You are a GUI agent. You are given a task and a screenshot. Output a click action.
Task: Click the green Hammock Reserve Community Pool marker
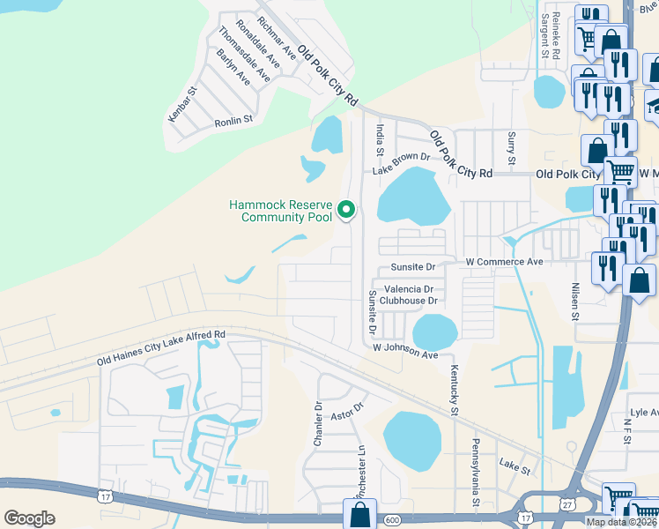tap(346, 210)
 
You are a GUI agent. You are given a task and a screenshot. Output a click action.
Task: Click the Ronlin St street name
tap(233, 119)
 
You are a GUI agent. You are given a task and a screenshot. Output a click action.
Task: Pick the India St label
tap(381, 139)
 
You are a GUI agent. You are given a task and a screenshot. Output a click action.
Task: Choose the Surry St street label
tap(511, 148)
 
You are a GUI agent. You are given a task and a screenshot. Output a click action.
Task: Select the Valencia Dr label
tap(408, 289)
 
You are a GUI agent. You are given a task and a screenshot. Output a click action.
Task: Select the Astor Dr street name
tap(346, 415)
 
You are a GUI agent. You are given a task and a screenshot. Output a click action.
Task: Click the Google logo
tap(29, 518)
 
